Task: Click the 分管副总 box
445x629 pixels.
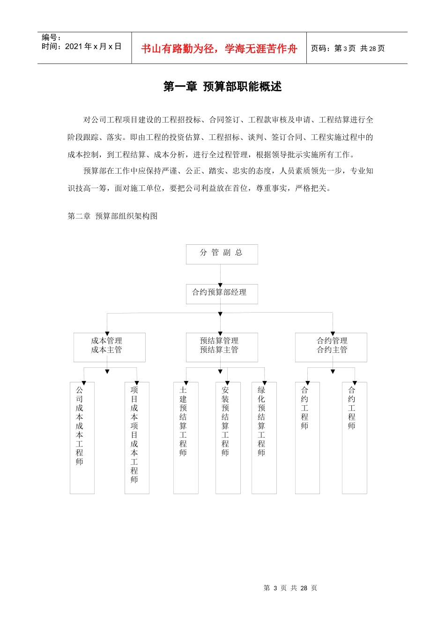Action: [222, 254]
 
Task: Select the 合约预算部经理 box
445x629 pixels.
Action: [222, 294]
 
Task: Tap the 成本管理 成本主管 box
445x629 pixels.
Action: [109, 347]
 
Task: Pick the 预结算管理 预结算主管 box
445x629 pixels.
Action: [222, 347]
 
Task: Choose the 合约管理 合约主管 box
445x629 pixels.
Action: [331, 347]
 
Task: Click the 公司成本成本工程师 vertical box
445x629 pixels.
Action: [82, 438]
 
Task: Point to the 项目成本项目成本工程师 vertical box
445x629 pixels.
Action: [137, 438]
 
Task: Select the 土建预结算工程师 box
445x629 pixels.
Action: [185, 438]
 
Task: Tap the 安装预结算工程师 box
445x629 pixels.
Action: [228, 438]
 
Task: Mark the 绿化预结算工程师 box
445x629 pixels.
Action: [264, 438]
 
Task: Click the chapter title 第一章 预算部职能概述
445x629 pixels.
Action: [222, 87]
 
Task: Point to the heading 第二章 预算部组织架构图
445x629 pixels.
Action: [112, 216]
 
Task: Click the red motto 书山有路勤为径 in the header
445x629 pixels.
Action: [219, 49]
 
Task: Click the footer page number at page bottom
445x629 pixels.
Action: [290, 588]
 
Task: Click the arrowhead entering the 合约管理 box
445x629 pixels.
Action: [333, 331]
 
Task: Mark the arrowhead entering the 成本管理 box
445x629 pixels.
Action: [107, 331]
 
